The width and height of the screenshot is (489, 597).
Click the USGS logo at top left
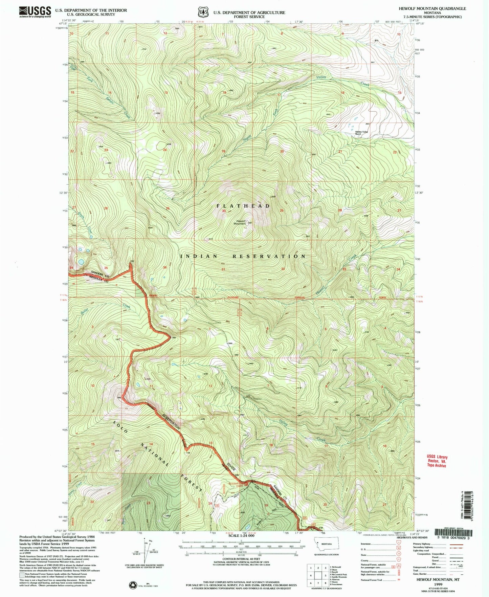click(35, 12)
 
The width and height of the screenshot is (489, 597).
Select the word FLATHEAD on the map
click(243, 206)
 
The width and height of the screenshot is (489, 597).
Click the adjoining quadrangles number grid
click(317, 575)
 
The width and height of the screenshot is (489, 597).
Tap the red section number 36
click(165, 267)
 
